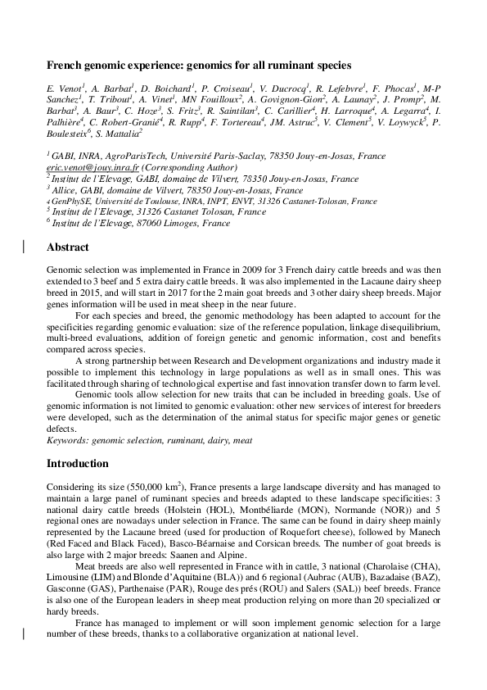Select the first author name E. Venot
[63, 87]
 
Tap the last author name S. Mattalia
[119, 131]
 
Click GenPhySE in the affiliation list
[70, 200]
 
